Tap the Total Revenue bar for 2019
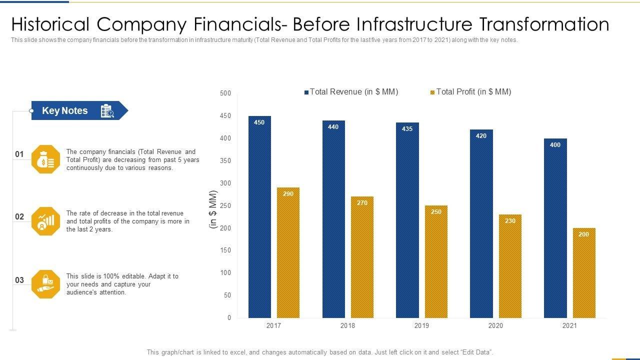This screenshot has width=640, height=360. point(407,220)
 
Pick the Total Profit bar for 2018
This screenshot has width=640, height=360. point(362,257)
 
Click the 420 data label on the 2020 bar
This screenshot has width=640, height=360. point(481,135)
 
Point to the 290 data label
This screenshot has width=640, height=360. point(288,193)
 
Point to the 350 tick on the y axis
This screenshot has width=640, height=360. point(225,160)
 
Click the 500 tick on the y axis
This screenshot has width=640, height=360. point(225,93)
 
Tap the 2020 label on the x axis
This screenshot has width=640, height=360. point(495,325)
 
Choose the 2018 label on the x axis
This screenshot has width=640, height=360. point(347,325)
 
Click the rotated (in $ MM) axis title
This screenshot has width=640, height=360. point(214,209)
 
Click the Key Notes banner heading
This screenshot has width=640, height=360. point(65,110)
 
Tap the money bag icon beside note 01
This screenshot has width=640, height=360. point(45,159)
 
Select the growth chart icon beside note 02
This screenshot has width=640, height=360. point(45,221)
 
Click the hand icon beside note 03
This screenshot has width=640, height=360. point(45,284)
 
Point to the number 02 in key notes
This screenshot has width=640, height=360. point(19,217)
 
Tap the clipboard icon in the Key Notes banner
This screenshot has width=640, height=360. point(107,111)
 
